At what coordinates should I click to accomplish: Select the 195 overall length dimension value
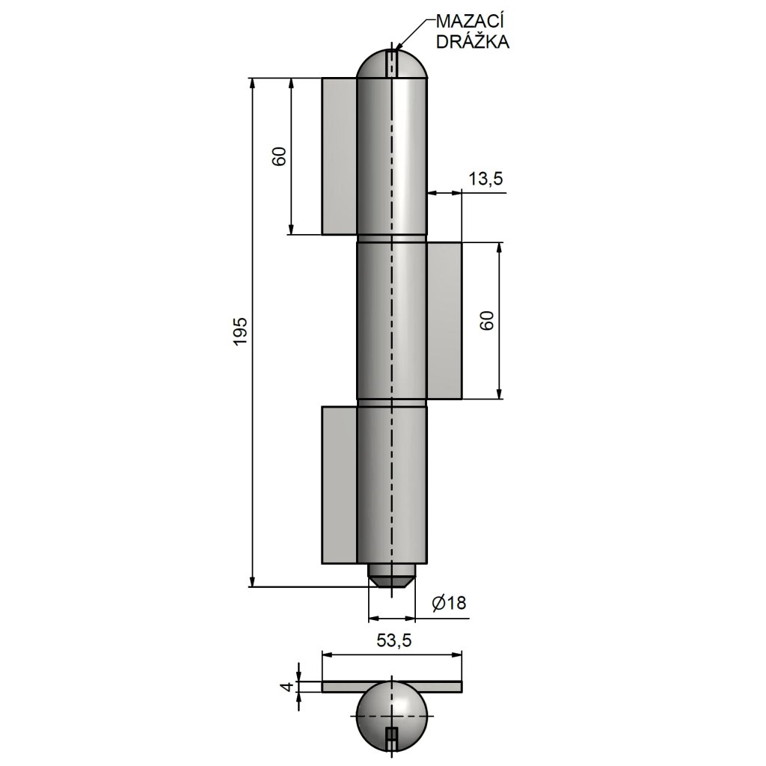tap(240, 331)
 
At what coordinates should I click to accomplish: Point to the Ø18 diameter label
tap(450, 604)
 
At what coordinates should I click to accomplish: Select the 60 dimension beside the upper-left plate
tap(278, 156)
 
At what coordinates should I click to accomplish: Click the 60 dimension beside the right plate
tap(485, 321)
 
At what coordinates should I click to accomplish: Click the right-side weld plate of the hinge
tap(444, 320)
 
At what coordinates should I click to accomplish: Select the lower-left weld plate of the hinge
tap(339, 485)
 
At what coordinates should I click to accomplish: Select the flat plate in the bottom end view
tap(337, 687)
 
